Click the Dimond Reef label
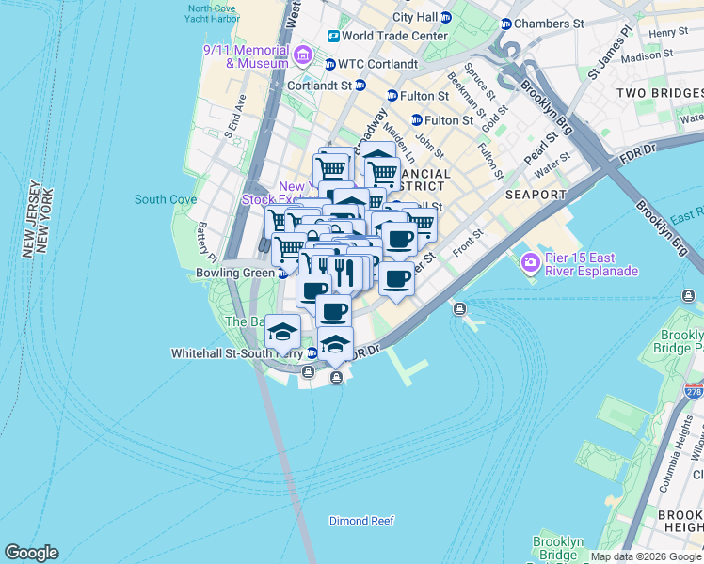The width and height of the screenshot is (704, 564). (361, 521)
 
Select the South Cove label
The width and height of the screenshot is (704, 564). (166, 199)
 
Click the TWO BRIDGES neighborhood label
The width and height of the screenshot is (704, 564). (660, 93)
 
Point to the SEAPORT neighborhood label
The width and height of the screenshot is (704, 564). (536, 195)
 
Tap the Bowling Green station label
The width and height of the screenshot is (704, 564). (235, 273)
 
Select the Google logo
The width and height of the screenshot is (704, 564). (31, 553)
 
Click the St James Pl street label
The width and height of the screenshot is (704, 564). (608, 53)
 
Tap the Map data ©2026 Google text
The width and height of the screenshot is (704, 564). (645, 556)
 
